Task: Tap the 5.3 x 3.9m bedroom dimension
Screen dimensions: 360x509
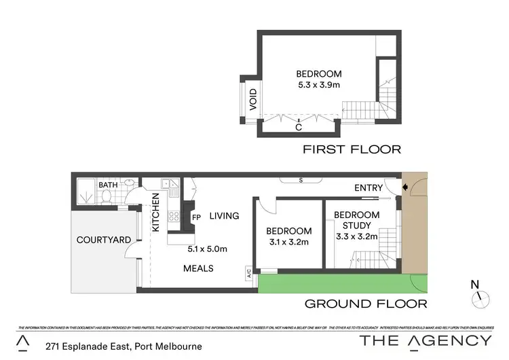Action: (x=318, y=86)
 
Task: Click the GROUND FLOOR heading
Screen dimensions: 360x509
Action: (x=365, y=304)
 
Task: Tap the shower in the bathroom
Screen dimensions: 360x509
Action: (x=86, y=193)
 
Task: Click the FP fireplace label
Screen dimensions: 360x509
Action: (x=197, y=218)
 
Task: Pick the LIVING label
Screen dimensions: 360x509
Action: (x=224, y=216)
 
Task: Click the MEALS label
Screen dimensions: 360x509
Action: (x=199, y=268)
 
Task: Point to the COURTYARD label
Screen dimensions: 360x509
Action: (x=102, y=240)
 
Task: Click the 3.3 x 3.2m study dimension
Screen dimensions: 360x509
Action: (x=356, y=238)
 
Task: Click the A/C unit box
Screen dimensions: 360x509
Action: (x=250, y=274)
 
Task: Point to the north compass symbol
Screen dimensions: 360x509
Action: (x=478, y=294)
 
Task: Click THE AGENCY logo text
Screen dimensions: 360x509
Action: (x=426, y=340)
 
